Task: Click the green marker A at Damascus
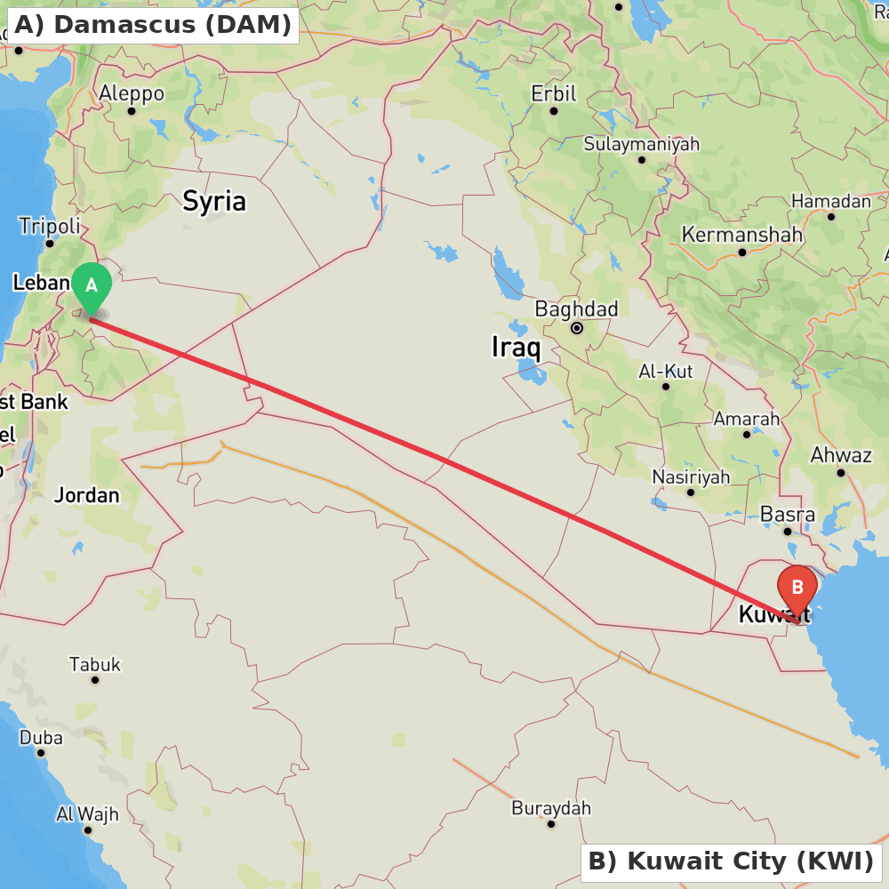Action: (x=91, y=286)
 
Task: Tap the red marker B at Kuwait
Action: (x=797, y=588)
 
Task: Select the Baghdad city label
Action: (x=576, y=309)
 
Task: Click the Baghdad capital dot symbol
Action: (x=577, y=328)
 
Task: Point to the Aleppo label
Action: (x=132, y=93)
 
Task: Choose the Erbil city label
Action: (x=554, y=93)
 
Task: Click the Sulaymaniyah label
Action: (x=641, y=144)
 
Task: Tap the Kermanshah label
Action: (x=741, y=236)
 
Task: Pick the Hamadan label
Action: (x=831, y=201)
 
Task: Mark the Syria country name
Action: (x=214, y=201)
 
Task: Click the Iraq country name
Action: (x=516, y=347)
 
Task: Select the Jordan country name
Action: (x=86, y=495)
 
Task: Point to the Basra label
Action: (x=788, y=515)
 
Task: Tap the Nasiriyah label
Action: (x=691, y=477)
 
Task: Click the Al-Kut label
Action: (x=666, y=371)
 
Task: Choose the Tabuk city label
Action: (x=95, y=664)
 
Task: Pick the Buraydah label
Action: (x=551, y=808)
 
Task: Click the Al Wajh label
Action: (x=87, y=813)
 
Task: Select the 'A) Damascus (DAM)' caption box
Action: (x=153, y=25)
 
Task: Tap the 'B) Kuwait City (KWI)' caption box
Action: (x=731, y=861)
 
